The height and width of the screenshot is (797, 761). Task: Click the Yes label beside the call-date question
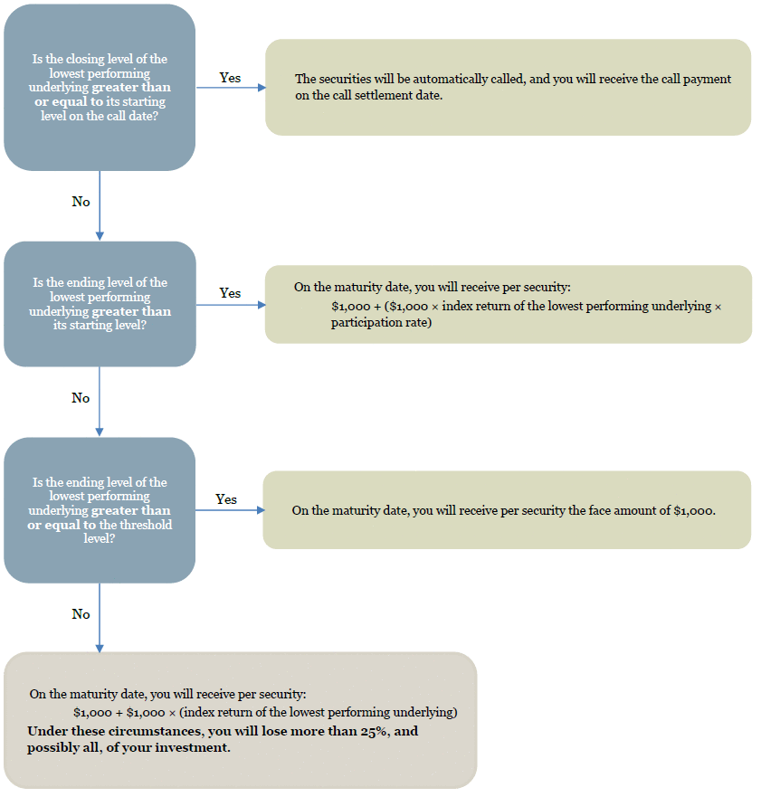[230, 78]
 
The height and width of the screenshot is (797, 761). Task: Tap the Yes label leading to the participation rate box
[230, 293]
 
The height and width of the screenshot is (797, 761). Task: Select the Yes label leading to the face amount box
[225, 499]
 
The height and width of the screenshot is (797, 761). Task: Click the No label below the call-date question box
[81, 202]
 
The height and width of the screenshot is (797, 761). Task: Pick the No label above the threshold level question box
[81, 398]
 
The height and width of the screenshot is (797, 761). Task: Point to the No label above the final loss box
[81, 614]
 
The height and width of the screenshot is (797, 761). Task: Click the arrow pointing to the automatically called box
[231, 88]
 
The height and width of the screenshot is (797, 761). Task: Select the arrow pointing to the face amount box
[230, 510]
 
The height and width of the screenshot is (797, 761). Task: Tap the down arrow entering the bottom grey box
[100, 618]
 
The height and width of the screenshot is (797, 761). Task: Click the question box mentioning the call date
[100, 88]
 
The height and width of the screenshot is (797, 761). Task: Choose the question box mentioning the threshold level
[100, 510]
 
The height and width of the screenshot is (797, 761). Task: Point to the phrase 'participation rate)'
[381, 322]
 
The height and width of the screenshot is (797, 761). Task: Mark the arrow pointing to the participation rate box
[231, 305]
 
